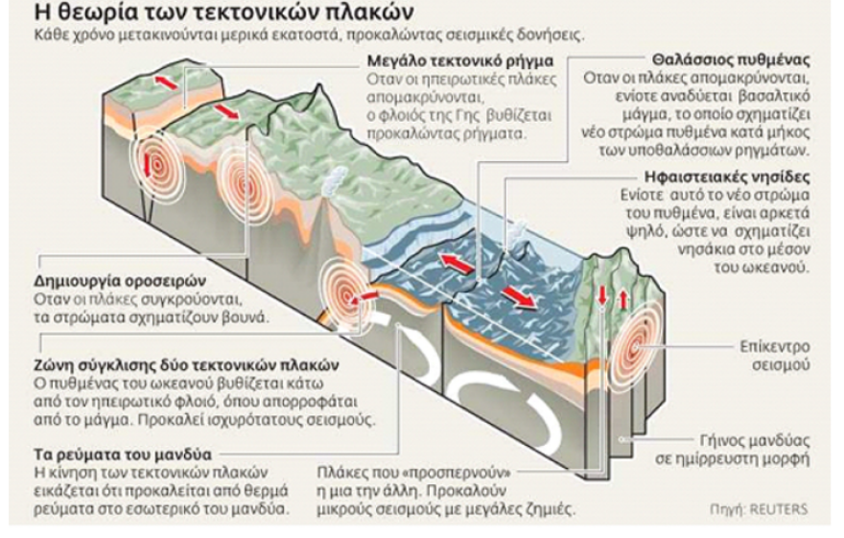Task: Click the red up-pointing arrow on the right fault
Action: [x=624, y=299]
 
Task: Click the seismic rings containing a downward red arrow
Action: [x=148, y=163]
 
